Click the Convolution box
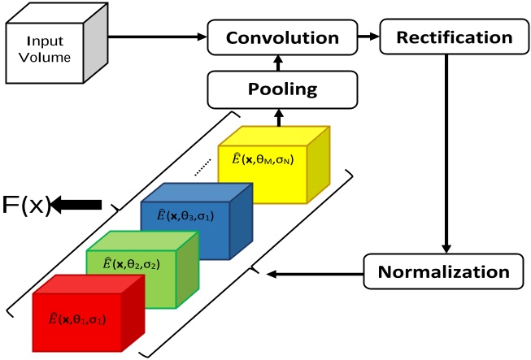(x=281, y=37)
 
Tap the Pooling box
(x=281, y=89)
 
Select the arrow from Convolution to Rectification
(x=367, y=37)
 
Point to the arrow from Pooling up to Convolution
(x=279, y=63)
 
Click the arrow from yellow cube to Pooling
(x=279, y=115)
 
